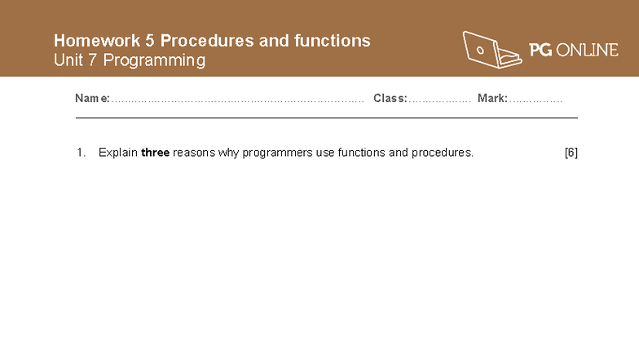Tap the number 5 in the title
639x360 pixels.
pyautogui.click(x=151, y=41)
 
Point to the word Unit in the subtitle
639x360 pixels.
pyautogui.click(x=68, y=60)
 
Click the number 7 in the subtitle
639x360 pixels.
pyautogui.click(x=93, y=60)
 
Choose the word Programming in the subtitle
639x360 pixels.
pyautogui.click(x=154, y=61)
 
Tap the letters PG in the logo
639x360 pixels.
pyautogui.click(x=540, y=51)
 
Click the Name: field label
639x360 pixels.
pyautogui.click(x=92, y=99)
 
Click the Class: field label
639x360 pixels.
pyautogui.click(x=390, y=99)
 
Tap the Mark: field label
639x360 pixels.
pyautogui.click(x=492, y=99)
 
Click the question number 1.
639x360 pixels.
pyautogui.click(x=81, y=153)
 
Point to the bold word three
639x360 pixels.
pyautogui.click(x=155, y=153)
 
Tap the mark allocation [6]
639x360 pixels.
pyautogui.click(x=571, y=153)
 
